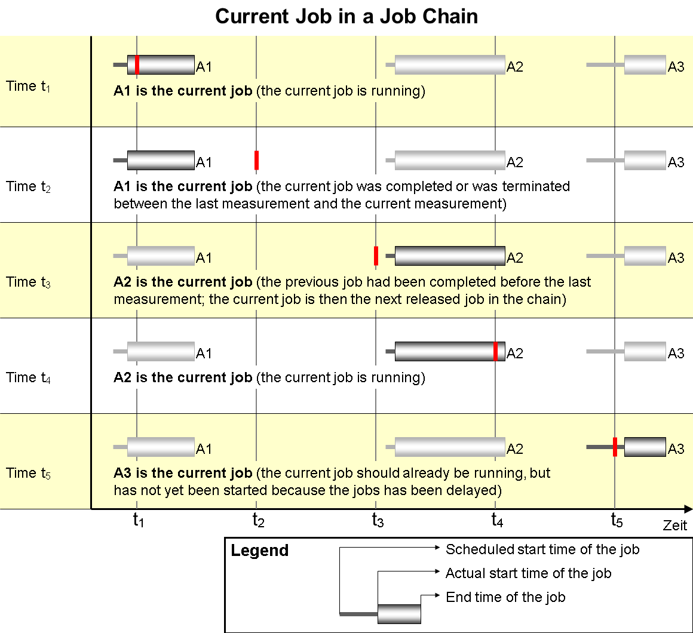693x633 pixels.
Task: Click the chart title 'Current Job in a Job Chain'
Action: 346,16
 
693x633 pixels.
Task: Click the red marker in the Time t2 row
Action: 256,160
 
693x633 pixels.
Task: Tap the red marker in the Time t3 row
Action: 376,256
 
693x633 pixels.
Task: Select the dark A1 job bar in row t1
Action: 161,64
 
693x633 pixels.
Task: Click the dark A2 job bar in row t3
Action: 449,256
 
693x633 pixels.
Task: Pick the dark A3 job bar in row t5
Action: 645,447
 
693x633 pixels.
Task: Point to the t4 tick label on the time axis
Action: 497,521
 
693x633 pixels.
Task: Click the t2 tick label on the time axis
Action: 258,521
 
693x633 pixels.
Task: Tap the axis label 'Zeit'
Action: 675,526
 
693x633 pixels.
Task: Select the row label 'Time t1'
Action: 28,86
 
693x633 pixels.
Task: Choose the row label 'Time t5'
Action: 28,473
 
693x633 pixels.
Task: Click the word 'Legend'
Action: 259,551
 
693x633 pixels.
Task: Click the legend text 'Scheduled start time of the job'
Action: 542,549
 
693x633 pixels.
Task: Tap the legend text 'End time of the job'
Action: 505,597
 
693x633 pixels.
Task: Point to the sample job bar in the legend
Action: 399,614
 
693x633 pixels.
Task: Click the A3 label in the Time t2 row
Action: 676,162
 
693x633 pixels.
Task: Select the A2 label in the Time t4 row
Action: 514,354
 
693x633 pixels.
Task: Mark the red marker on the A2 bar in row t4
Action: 495,351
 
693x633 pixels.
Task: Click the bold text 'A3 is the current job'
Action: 183,474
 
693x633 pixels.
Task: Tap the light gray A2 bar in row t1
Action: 449,64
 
